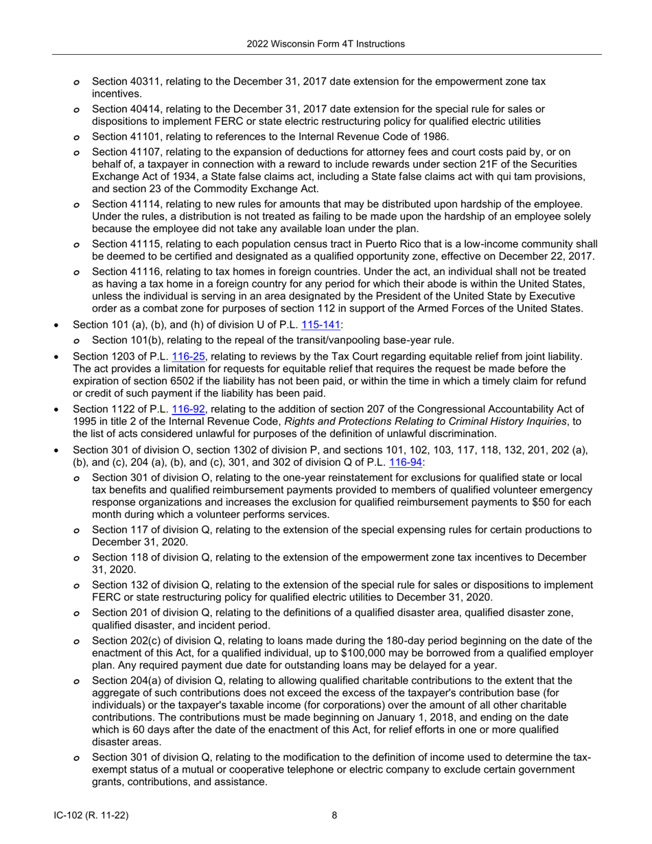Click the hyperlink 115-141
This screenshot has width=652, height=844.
[x=316, y=325]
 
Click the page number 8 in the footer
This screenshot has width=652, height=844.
[x=334, y=815]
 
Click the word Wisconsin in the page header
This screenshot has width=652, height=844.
[x=299, y=44]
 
